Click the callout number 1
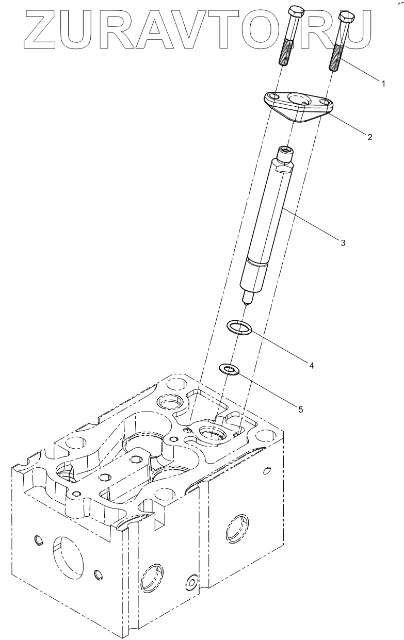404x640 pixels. (383, 83)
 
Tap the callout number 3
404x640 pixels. (342, 242)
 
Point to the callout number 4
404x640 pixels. (311, 365)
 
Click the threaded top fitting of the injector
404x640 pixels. (285, 153)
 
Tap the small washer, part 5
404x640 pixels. (228, 369)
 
